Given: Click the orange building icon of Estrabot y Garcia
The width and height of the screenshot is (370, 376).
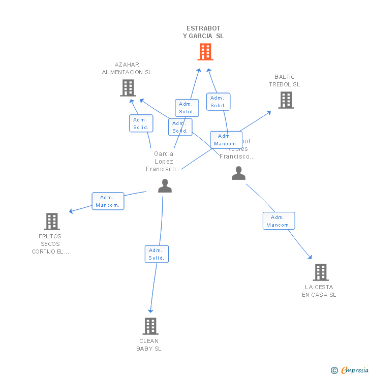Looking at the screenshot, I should pyautogui.click(x=205, y=52).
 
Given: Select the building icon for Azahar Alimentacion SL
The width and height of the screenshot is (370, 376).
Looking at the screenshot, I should pyautogui.click(x=128, y=88).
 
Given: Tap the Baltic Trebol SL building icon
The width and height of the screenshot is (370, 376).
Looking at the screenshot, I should pyautogui.click(x=286, y=100).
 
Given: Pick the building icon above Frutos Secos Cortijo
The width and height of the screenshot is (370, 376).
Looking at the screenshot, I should pyautogui.click(x=52, y=222).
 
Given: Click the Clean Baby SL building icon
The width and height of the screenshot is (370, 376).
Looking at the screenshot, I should pyautogui.click(x=150, y=326).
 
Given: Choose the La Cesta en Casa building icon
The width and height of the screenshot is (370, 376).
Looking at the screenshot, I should pyautogui.click(x=320, y=272).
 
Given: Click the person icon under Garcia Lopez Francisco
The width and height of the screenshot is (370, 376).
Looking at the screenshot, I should pyautogui.click(x=165, y=186).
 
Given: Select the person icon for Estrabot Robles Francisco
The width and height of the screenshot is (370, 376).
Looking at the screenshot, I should pyautogui.click(x=238, y=173).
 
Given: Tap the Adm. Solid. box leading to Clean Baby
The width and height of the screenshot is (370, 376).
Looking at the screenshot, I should pyautogui.click(x=156, y=254).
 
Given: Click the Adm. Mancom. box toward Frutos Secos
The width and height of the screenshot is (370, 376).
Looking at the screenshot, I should pyautogui.click(x=108, y=201).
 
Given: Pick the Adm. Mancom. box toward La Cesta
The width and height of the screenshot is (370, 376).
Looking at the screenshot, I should pyautogui.click(x=279, y=221).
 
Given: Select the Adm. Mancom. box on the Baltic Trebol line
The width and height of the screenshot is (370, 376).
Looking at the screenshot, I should pyautogui.click(x=226, y=140).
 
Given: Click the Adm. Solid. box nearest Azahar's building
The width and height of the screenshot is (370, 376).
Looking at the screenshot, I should pyautogui.click(x=141, y=123).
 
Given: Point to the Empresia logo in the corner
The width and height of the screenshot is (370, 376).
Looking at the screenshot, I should pyautogui.click(x=350, y=370).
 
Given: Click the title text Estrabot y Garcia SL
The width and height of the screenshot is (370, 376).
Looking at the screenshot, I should pyautogui.click(x=203, y=32).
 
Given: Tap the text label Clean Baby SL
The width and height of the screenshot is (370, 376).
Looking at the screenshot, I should pyautogui.click(x=149, y=344).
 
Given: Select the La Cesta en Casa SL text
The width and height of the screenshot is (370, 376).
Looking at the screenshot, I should pyautogui.click(x=319, y=291).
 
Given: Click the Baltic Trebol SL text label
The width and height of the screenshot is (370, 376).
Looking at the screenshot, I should pyautogui.click(x=285, y=80).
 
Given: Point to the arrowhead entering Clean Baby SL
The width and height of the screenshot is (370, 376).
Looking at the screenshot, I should pyautogui.click(x=150, y=310).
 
